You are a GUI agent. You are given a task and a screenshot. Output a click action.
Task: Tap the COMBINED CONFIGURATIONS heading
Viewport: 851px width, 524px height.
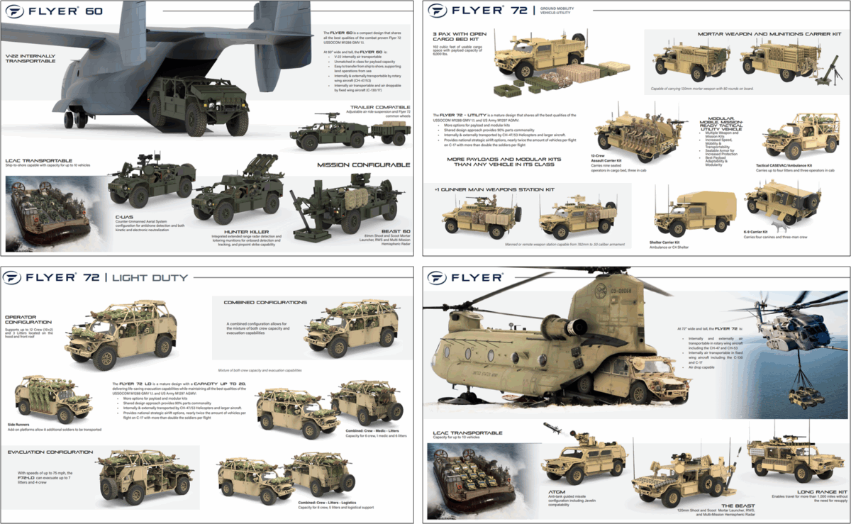pos(265,302)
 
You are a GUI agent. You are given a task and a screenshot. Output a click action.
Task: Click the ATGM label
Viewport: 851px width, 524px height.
pos(550,489)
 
